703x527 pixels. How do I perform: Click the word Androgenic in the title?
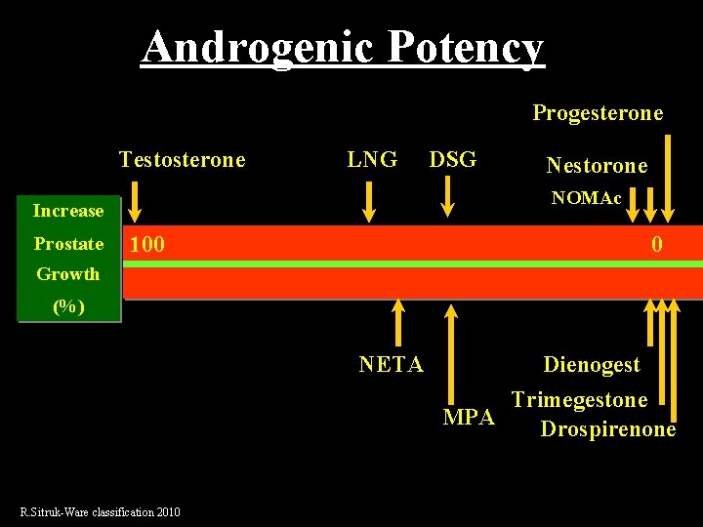pyautogui.click(x=256, y=46)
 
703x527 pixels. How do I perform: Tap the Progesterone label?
pyautogui.click(x=597, y=113)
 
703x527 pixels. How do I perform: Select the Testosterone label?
pyautogui.click(x=182, y=159)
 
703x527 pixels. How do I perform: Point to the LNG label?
pyautogui.click(x=372, y=159)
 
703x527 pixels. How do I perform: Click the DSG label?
pyautogui.click(x=453, y=159)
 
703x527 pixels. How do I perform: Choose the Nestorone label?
pyautogui.click(x=597, y=166)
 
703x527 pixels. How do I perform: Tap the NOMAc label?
pyautogui.click(x=586, y=198)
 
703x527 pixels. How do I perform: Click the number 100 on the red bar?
pyautogui.click(x=147, y=244)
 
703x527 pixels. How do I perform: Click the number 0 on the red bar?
pyautogui.click(x=657, y=244)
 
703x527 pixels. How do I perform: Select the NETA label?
pyautogui.click(x=391, y=365)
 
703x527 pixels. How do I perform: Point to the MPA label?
pyautogui.click(x=470, y=418)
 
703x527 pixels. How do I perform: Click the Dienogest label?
pyautogui.click(x=592, y=365)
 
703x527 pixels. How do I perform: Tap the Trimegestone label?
pyautogui.click(x=579, y=400)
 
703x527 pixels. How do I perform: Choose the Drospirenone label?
pyautogui.click(x=607, y=429)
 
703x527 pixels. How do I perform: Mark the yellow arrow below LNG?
pyautogui.click(x=370, y=202)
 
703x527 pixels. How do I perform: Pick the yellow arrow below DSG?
pyautogui.click(x=447, y=196)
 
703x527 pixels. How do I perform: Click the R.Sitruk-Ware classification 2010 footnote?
pyautogui.click(x=101, y=512)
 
